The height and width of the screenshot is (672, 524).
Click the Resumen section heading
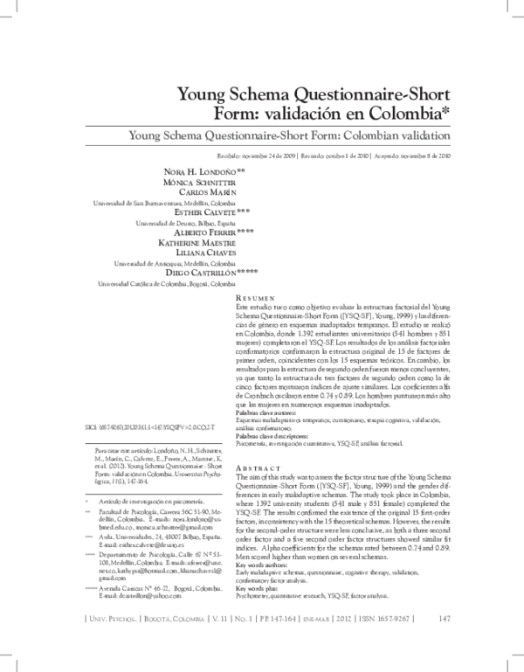(x=258, y=299)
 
